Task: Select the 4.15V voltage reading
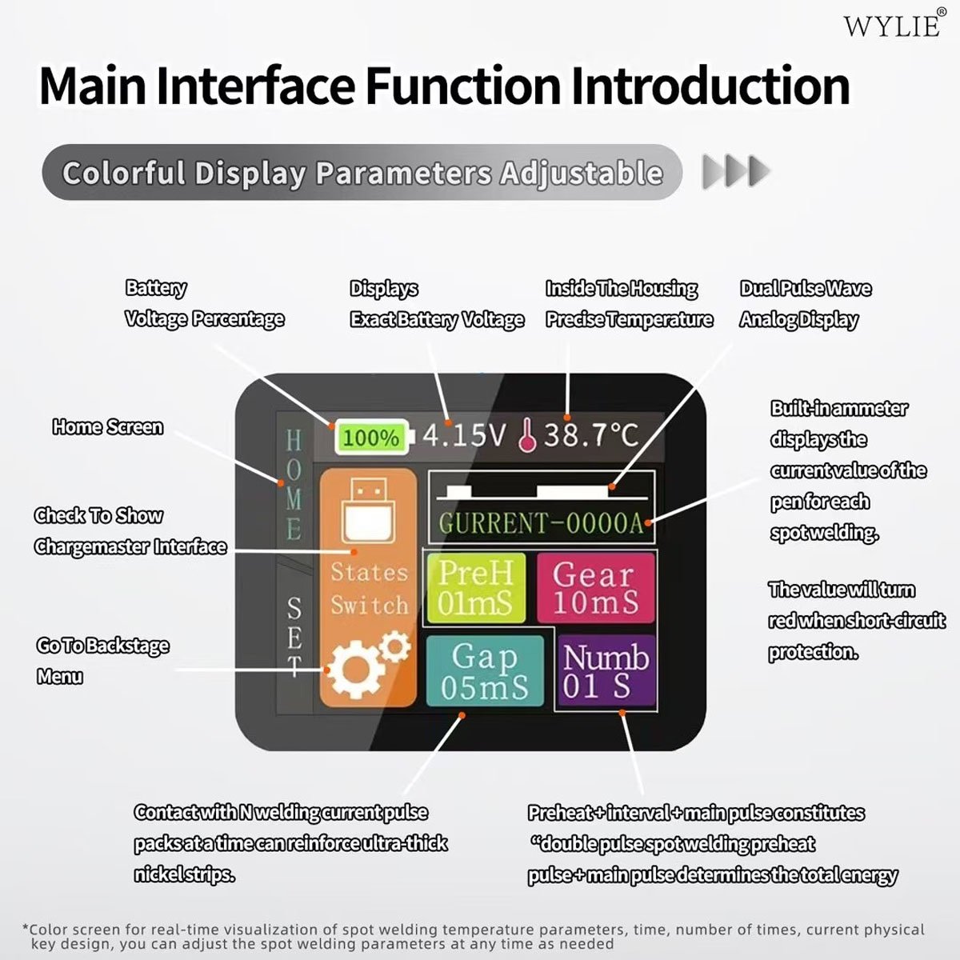[464, 435]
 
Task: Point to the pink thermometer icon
[527, 435]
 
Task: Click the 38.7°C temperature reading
[591, 435]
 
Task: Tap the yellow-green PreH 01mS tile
[476, 588]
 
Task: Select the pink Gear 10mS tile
[595, 588]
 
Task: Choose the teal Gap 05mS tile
[485, 670]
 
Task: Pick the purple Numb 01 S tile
[606, 670]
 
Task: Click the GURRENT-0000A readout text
[541, 523]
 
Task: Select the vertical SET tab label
[294, 637]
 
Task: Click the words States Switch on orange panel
[369, 589]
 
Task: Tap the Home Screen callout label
[108, 427]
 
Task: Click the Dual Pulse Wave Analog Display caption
[806, 304]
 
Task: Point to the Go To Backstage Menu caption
[102, 661]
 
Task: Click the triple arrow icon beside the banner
[736, 172]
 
